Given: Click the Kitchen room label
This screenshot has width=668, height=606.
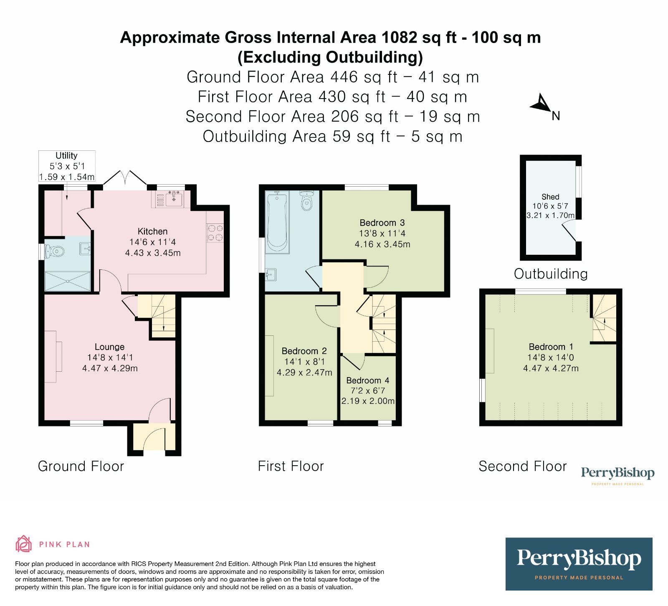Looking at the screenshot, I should (x=152, y=231).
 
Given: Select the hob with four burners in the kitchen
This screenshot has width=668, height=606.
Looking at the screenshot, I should (x=215, y=233).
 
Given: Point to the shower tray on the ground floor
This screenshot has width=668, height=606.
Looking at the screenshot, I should (x=68, y=281).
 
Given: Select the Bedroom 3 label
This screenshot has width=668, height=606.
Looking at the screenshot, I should (x=382, y=223).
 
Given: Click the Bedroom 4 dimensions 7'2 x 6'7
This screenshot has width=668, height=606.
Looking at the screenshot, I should (x=367, y=390).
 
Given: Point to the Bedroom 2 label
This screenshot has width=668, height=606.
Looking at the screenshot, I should (x=304, y=351).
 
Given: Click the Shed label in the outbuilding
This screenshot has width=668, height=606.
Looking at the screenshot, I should (x=550, y=197).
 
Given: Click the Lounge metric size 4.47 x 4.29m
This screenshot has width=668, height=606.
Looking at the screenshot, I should (x=110, y=368).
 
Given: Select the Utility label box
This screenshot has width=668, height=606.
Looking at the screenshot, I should (x=67, y=166).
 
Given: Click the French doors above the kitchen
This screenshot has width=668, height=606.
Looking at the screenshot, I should (x=125, y=178).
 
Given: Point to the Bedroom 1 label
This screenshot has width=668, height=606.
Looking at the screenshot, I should (x=551, y=347).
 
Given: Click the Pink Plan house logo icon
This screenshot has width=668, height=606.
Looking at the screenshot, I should (x=23, y=544).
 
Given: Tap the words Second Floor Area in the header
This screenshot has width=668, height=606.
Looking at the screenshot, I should (x=256, y=117).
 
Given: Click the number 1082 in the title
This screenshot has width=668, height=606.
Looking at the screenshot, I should (x=399, y=38).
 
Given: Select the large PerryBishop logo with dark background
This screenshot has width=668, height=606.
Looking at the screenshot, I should (x=579, y=563).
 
